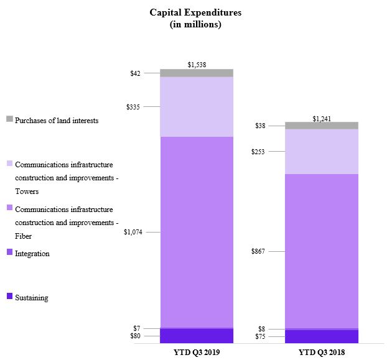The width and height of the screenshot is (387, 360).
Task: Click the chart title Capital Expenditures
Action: [195, 12]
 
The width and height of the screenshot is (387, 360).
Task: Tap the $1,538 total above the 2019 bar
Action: [197, 64]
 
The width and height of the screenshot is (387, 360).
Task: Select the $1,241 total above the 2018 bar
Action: [322, 118]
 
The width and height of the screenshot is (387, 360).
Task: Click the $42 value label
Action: [135, 73]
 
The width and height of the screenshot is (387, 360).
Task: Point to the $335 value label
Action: [133, 107]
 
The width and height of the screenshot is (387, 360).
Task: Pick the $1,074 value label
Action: [133, 233]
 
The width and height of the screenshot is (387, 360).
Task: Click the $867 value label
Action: [258, 251]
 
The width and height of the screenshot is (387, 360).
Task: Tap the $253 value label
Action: [258, 152]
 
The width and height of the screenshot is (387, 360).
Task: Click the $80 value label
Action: [135, 336]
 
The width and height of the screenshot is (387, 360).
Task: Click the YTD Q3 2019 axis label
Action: [197, 351]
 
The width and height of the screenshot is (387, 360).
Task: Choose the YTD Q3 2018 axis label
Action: [322, 351]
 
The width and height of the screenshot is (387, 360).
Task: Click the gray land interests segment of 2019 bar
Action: [197, 73]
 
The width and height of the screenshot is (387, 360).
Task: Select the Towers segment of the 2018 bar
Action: [322, 151]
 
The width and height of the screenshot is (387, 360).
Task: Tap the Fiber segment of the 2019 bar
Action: [197, 232]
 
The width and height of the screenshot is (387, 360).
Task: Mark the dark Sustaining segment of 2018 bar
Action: [322, 336]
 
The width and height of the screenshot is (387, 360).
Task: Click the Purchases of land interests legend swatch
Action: [9, 119]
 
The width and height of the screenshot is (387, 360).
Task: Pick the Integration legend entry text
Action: [32, 254]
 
